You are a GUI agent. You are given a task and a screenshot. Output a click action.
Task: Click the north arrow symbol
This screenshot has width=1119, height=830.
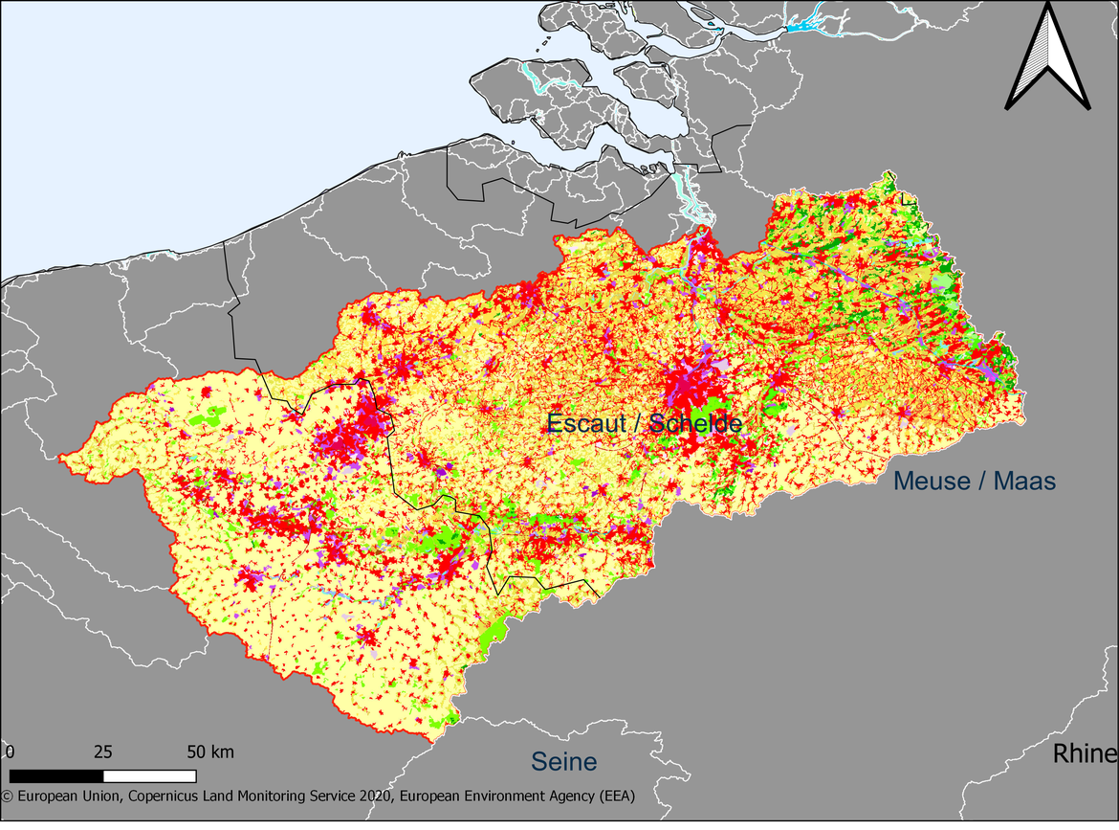(x=1048, y=57)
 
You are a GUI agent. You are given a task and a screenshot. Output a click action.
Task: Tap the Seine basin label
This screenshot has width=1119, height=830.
(x=564, y=762)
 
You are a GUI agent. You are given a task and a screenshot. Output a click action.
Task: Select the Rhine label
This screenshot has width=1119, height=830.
(x=1085, y=754)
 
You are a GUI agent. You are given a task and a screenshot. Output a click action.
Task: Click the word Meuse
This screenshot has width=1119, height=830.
(x=930, y=481)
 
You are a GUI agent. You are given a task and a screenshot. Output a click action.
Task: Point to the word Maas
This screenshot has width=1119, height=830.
(x=1024, y=481)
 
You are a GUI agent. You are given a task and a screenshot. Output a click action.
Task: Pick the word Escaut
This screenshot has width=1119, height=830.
(x=582, y=423)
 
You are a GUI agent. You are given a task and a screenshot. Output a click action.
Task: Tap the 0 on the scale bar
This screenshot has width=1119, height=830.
(x=9, y=751)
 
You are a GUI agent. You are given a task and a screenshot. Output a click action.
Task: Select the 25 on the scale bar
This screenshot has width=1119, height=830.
(x=103, y=751)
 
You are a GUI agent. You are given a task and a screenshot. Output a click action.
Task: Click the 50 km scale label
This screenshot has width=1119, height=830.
(x=208, y=751)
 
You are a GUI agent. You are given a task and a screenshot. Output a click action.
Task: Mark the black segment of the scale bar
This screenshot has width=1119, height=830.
(x=55, y=775)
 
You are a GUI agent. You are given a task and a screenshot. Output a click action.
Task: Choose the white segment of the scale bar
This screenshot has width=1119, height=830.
(x=149, y=775)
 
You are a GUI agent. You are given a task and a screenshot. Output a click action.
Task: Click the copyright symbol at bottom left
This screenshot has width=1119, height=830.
(x=6, y=796)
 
